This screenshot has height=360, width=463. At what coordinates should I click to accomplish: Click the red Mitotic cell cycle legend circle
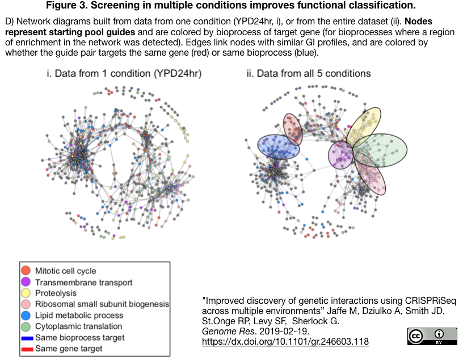[26, 271]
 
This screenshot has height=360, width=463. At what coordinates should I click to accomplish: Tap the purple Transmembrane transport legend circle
[26, 282]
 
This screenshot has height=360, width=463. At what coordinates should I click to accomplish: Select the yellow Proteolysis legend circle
[26, 293]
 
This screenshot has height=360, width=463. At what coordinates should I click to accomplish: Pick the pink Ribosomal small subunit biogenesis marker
[26, 304]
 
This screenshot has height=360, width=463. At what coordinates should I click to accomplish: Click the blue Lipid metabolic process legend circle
[26, 315]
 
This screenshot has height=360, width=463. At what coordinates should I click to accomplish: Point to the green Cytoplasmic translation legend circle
[26, 326]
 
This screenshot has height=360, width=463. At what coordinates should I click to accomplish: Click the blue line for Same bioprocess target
[26, 337]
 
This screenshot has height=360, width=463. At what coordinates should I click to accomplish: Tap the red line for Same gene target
[26, 348]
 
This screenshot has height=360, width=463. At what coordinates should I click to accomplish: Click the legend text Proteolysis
[55, 293]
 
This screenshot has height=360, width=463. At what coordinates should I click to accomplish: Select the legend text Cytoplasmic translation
[78, 326]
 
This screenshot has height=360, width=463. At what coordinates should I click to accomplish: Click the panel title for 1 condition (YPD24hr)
[124, 74]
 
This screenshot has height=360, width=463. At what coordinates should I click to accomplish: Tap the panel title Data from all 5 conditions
[309, 74]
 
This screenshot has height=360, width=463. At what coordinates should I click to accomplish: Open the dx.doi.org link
[285, 342]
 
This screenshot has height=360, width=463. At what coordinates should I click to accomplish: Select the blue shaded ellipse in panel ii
[278, 146]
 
